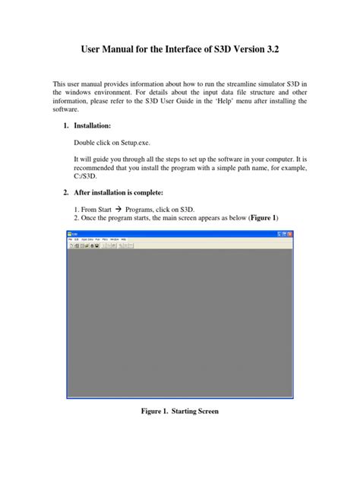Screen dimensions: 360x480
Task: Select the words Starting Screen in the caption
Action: (196, 411)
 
